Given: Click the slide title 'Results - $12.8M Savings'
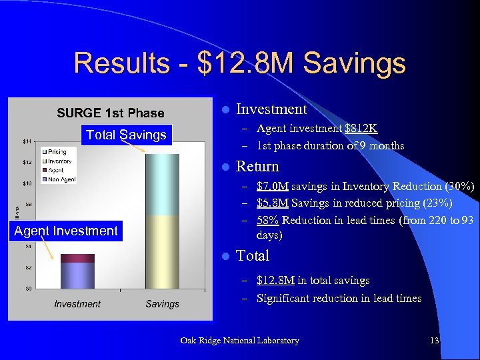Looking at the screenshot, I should (x=239, y=63).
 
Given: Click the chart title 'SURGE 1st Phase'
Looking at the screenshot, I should (x=110, y=113).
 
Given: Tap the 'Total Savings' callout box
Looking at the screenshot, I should (x=126, y=135).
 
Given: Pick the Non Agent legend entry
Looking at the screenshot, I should (x=61, y=179).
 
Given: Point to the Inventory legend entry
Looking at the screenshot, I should (x=59, y=161).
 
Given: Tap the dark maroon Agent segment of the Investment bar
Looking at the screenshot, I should (x=77, y=258).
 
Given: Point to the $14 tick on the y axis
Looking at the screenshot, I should (x=28, y=141).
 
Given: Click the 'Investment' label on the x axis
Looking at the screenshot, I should (x=77, y=304).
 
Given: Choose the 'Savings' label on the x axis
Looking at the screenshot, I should (x=162, y=304).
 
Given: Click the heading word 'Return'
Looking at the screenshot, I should (x=257, y=166).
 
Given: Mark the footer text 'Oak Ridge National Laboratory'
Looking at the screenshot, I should (x=239, y=341).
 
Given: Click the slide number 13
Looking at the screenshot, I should (x=435, y=341).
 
